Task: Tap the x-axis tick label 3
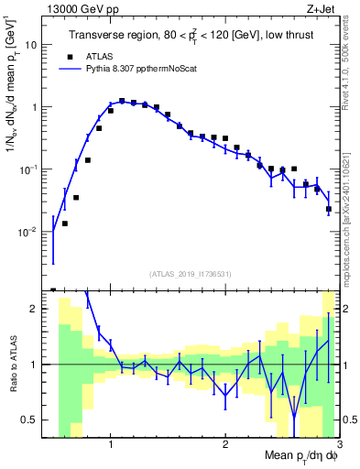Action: pos(338,445)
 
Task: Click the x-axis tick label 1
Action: pos(111,445)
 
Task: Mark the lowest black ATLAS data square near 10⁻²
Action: pos(65,224)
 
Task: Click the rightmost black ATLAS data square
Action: pos(329,210)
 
